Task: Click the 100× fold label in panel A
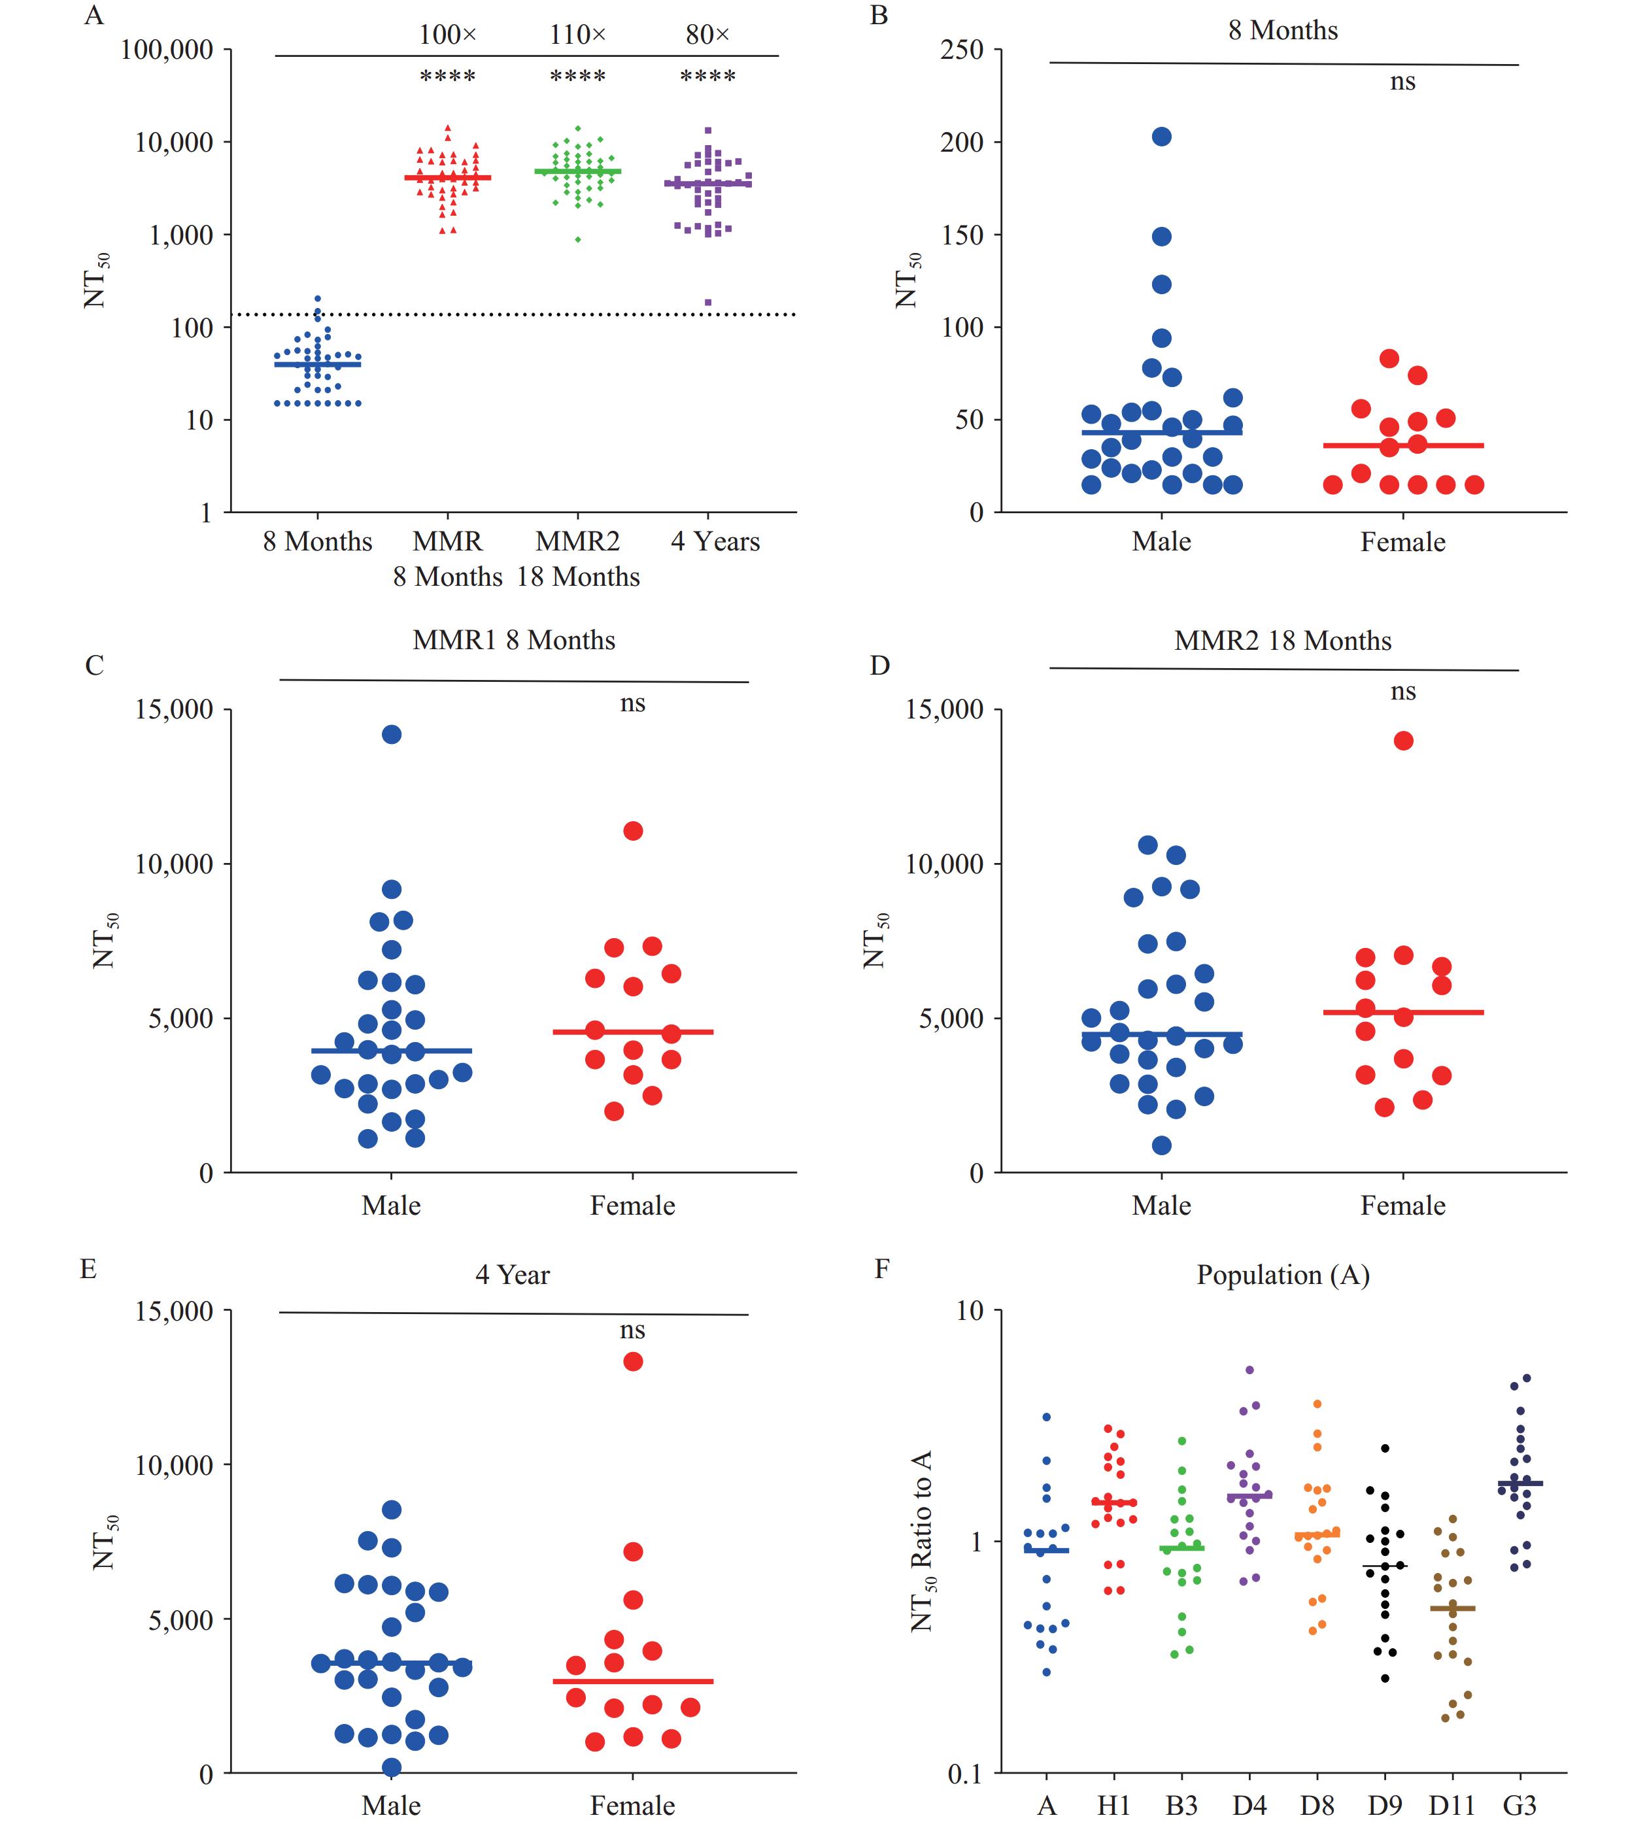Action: click(x=447, y=35)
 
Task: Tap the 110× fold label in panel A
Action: click(x=577, y=35)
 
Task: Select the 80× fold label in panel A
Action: click(x=707, y=35)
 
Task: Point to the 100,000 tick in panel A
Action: click(x=167, y=50)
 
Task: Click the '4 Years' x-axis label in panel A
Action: click(x=715, y=541)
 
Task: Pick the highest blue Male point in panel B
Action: click(x=1162, y=137)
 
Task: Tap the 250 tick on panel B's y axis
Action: click(x=961, y=50)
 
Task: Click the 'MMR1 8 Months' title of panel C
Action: click(x=513, y=641)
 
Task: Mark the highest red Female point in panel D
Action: click(x=1404, y=741)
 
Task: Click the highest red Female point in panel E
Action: click(x=632, y=1362)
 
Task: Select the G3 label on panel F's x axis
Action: click(x=1520, y=1806)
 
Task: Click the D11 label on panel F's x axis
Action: click(x=1452, y=1806)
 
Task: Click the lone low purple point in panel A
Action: click(x=707, y=302)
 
